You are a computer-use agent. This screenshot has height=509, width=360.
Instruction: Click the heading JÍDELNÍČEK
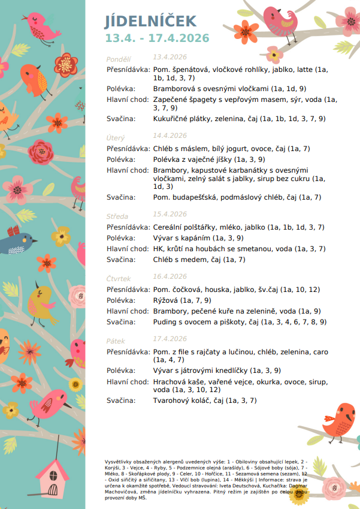point(150,22)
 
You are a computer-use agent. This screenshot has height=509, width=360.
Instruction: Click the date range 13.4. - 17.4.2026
point(158,38)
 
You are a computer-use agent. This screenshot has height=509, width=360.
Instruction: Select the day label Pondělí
point(119,59)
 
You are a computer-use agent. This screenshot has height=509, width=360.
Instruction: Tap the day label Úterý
point(116,138)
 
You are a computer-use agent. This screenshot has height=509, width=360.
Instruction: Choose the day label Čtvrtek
point(119,279)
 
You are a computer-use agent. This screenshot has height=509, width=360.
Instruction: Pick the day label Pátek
point(116,341)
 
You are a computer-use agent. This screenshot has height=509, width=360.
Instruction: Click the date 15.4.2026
point(170,214)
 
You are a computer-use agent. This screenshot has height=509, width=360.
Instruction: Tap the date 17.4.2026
point(170,339)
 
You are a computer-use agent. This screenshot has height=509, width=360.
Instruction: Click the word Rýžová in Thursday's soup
point(165,300)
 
